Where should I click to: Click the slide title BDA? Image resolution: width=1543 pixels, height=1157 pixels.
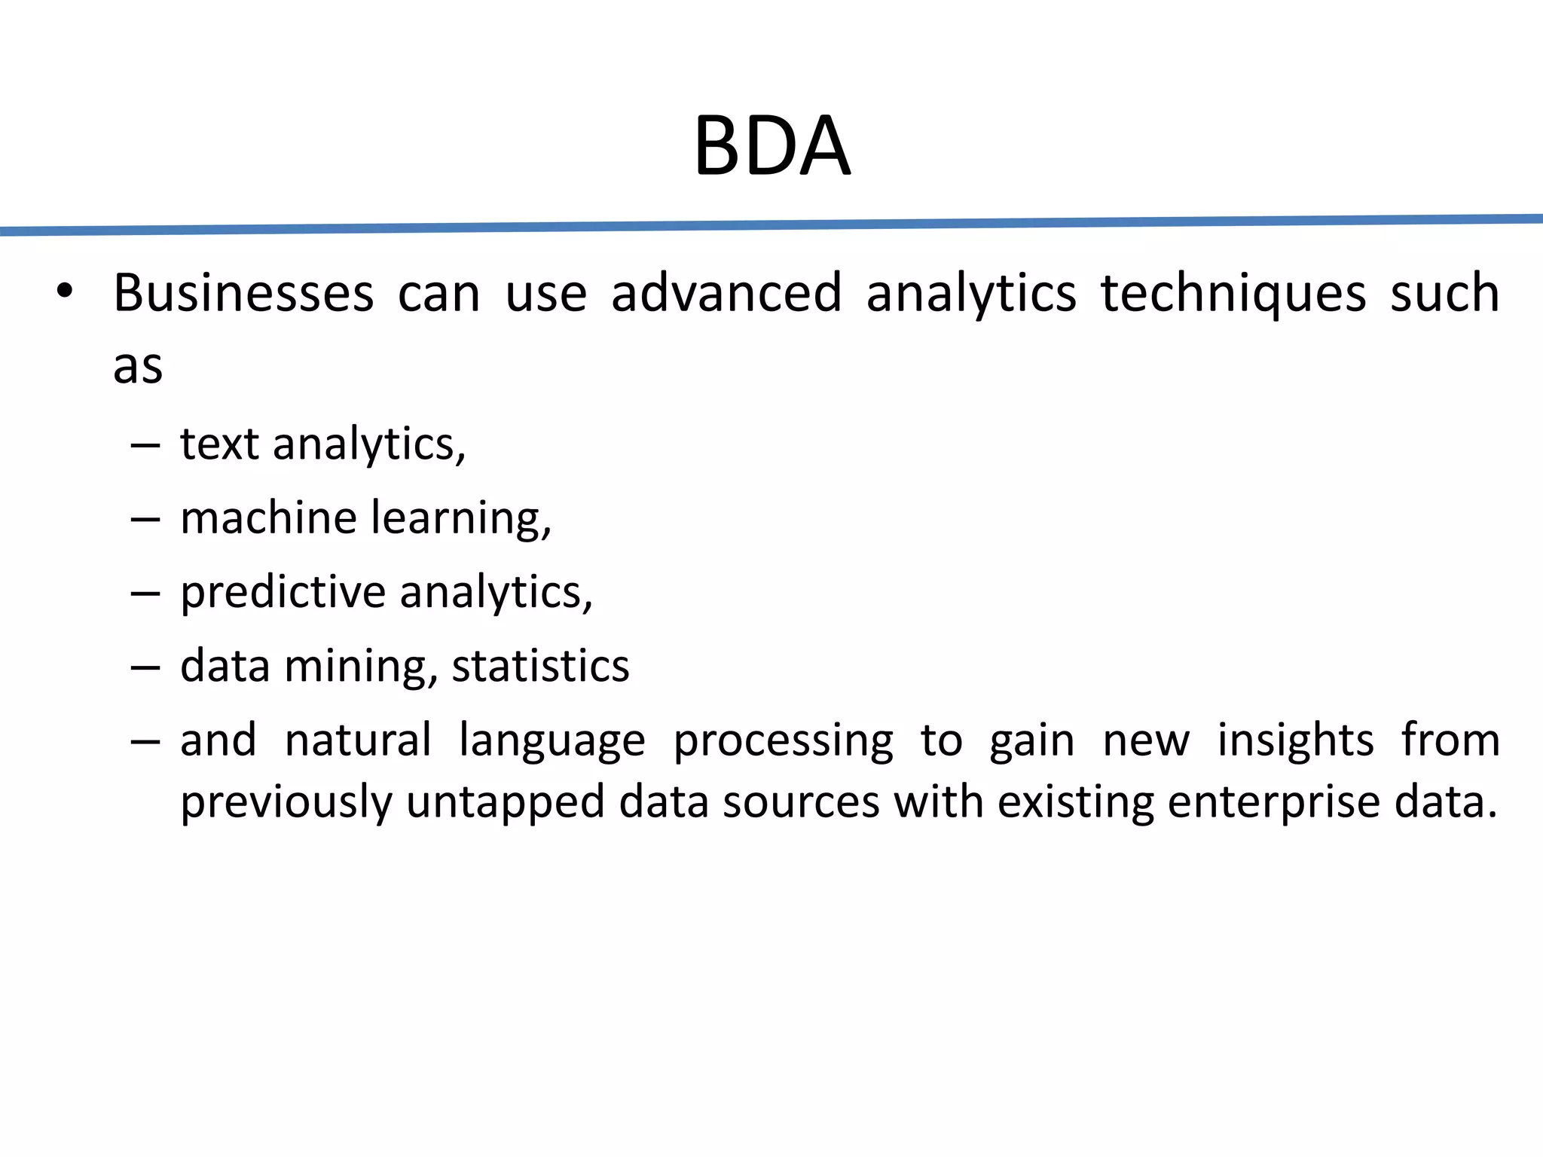coord(771,146)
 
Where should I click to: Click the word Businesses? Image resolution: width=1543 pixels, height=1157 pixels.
coord(243,293)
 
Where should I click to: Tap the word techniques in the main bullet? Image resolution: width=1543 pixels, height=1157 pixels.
coord(1233,293)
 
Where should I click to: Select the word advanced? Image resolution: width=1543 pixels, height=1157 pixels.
coord(726,293)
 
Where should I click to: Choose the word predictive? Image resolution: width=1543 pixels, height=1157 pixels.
coord(283,593)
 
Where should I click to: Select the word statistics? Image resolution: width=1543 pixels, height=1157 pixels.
coord(540,666)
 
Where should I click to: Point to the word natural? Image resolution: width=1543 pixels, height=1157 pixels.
coord(358,740)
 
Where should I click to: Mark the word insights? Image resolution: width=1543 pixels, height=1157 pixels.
coord(1295,741)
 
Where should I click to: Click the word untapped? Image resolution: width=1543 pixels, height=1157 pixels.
coord(506,802)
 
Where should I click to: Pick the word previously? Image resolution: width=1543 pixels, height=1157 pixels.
coord(286,802)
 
